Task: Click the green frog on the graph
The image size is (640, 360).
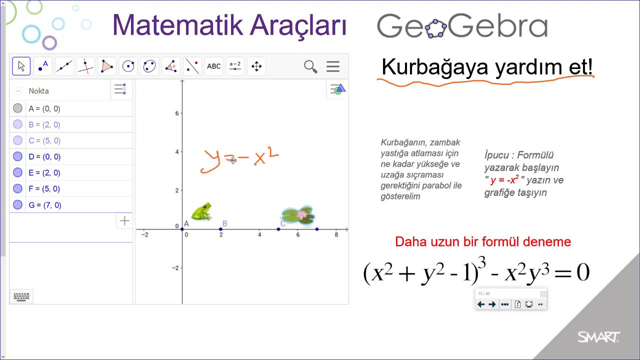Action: (x=201, y=211)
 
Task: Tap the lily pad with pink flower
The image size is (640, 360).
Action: (x=298, y=215)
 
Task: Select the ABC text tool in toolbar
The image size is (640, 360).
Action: (x=213, y=66)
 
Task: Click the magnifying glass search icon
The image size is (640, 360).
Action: (x=310, y=66)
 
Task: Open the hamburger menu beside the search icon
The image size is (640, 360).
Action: (x=333, y=66)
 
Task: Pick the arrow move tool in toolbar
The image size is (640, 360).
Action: (x=21, y=66)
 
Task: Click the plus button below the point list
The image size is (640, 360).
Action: (x=124, y=220)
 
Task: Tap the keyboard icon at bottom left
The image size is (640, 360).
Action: (x=21, y=296)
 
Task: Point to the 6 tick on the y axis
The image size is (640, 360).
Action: (x=176, y=113)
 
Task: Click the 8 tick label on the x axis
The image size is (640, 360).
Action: (x=336, y=234)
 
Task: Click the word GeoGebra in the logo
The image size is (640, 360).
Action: (x=462, y=26)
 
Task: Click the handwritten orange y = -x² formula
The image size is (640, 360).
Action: (x=239, y=159)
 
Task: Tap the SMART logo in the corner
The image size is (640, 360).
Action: (x=598, y=337)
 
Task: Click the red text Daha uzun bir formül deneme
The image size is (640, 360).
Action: (x=482, y=242)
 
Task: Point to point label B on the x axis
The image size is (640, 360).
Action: (x=224, y=223)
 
